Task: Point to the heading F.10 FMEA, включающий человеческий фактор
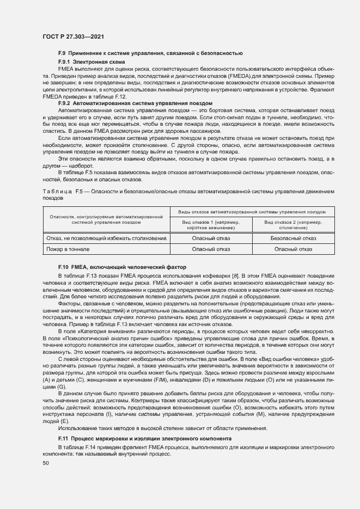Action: tap(123, 268)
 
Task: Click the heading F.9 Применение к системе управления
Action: tap(150, 53)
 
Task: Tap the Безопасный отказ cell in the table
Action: tap(293, 238)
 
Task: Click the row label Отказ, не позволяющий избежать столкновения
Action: tap(106, 238)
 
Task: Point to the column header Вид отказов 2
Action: tap(293, 225)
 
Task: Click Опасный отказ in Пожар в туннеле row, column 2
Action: tap(293, 249)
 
